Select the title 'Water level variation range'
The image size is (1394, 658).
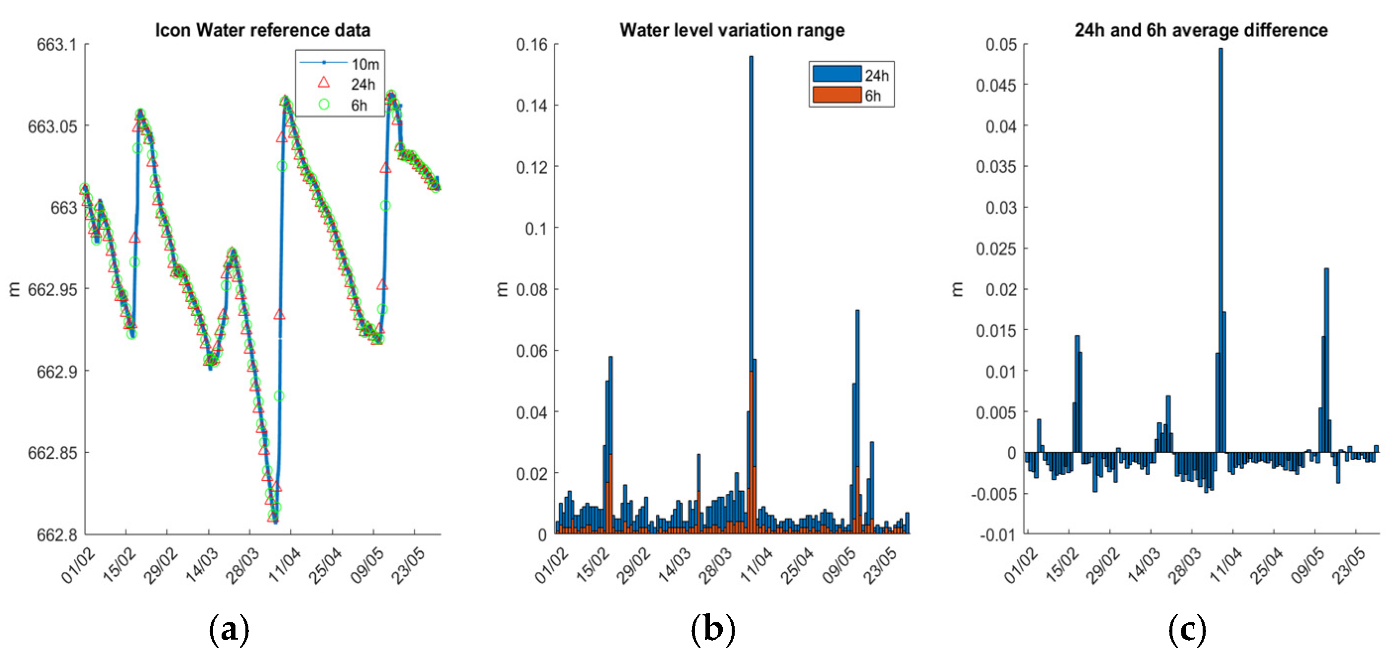point(732,30)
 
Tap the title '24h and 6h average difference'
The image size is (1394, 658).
point(1201,30)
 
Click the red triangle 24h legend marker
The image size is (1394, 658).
point(324,83)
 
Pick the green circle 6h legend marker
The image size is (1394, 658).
point(324,104)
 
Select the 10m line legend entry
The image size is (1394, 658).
point(324,63)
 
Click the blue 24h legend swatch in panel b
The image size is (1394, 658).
point(837,74)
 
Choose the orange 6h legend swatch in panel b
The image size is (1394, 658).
point(837,95)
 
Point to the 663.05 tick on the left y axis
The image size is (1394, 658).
point(53,127)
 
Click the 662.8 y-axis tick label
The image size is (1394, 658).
point(57,535)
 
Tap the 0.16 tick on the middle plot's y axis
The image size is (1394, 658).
point(531,45)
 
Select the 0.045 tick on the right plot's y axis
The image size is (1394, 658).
point(996,85)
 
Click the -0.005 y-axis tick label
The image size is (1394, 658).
point(993,494)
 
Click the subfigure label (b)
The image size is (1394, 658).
point(713,630)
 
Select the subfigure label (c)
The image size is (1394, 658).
point(1187,630)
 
